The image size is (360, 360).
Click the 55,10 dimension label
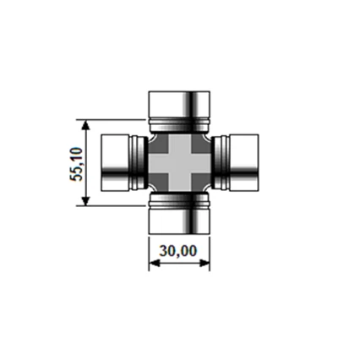pos(76,162)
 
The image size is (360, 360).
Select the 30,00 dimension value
pos(177,251)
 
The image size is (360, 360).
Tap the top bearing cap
pos(179,105)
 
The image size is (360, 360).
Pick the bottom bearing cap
pos(179,221)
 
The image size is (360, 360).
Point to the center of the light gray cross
pos(179,162)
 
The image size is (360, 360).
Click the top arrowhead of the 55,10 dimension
pos(86,123)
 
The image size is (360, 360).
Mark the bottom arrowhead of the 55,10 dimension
pos(86,202)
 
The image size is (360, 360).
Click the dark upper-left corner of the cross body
pos(157,142)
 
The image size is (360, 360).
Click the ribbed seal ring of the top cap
pos(179,128)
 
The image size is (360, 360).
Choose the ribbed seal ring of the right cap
pos(219,162)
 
